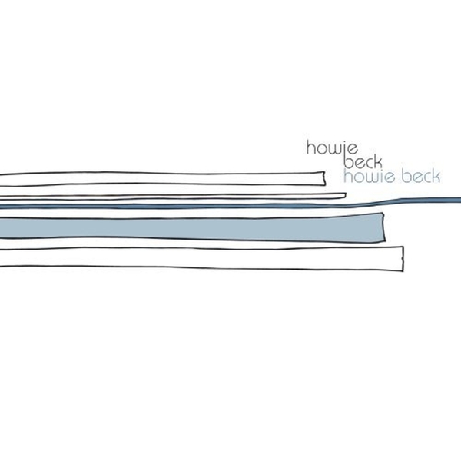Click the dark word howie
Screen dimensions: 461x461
(x=332, y=148)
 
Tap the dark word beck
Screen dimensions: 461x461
(x=363, y=161)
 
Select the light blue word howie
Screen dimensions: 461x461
(x=369, y=177)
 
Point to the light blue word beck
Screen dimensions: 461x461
(x=421, y=176)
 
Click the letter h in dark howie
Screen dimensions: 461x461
(x=311, y=148)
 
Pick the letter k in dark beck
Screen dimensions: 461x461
(x=378, y=161)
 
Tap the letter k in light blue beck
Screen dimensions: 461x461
(x=436, y=177)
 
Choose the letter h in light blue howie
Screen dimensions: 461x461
(x=348, y=177)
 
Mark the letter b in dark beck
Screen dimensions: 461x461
(x=350, y=161)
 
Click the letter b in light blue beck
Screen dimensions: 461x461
(x=407, y=177)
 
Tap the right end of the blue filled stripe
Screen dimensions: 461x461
(x=384, y=227)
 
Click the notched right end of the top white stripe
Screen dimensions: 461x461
(x=324, y=178)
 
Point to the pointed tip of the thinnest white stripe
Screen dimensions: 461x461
(x=346, y=195)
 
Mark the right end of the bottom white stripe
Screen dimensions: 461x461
(x=403, y=259)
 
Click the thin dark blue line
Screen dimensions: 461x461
(x=230, y=205)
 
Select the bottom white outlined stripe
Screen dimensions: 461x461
(x=201, y=259)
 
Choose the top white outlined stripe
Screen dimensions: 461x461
(x=163, y=178)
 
